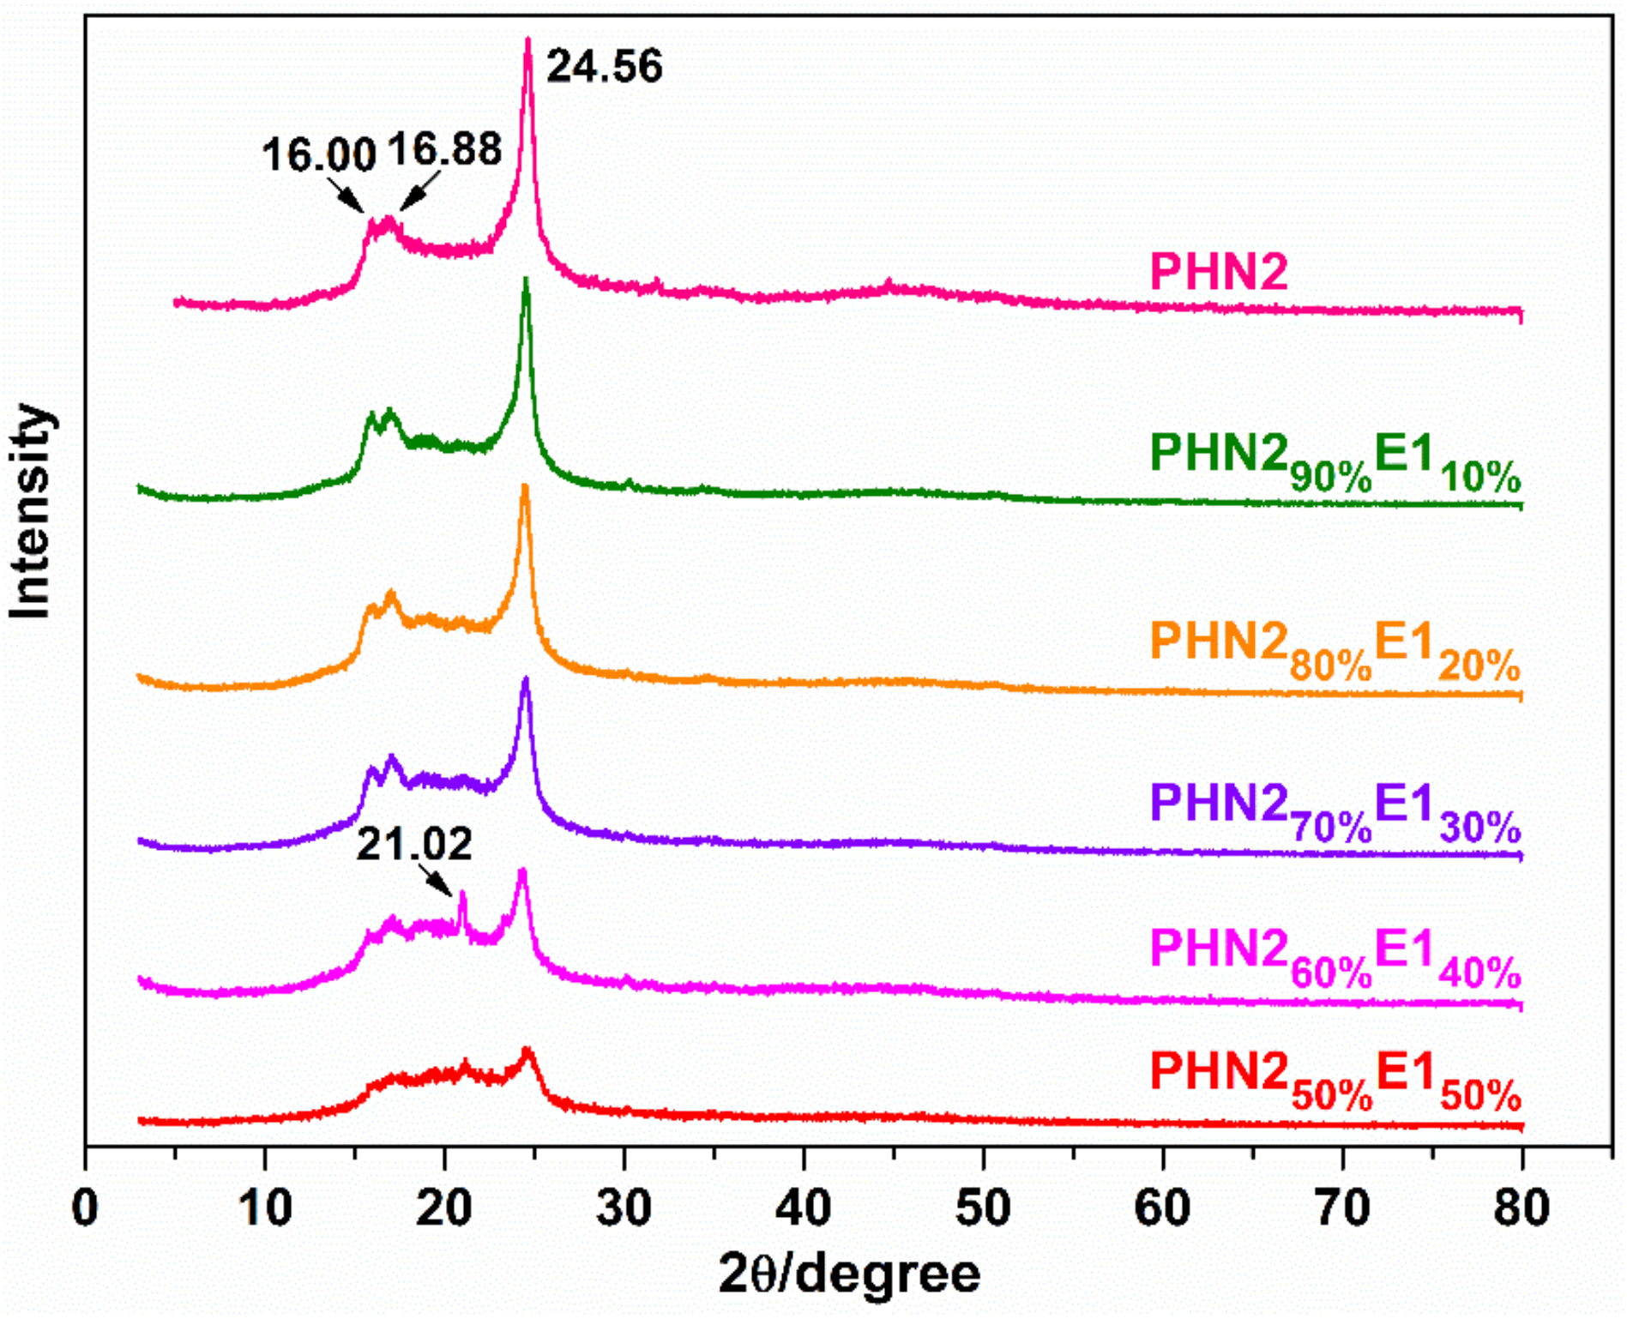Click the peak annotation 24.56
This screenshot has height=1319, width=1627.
[604, 67]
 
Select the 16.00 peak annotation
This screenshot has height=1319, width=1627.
[318, 156]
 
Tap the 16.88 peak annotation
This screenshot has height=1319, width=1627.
[443, 150]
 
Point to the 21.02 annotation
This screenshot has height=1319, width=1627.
[414, 845]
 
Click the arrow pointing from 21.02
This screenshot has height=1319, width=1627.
[437, 880]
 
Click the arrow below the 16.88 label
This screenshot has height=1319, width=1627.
[419, 190]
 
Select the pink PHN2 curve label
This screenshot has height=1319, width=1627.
[1218, 272]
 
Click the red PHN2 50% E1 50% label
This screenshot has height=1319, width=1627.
[1335, 1081]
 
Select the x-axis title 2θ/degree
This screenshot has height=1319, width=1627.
[848, 1274]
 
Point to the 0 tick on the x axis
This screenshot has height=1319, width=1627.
[86, 1208]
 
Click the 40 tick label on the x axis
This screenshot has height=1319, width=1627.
[804, 1208]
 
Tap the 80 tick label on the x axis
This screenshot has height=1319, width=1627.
[1521, 1208]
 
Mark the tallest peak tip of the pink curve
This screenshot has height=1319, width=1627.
[528, 39]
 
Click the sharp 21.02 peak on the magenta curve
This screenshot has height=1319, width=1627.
[463, 894]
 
